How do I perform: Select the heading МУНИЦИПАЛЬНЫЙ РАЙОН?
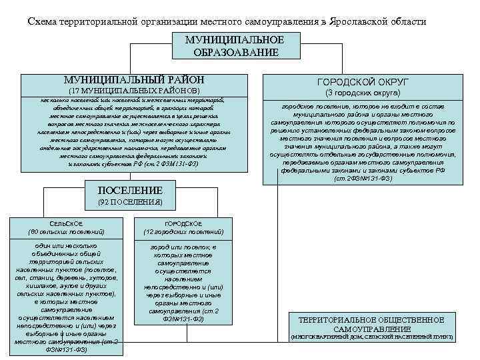(x=131, y=79)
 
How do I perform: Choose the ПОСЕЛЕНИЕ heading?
(x=130, y=190)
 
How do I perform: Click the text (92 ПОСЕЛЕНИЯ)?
(x=130, y=201)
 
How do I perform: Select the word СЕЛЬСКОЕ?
(x=66, y=223)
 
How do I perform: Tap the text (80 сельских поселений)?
(x=66, y=232)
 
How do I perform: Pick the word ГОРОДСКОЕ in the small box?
(x=183, y=223)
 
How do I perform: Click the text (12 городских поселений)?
(x=183, y=232)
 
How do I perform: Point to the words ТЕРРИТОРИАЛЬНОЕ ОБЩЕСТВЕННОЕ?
(x=371, y=320)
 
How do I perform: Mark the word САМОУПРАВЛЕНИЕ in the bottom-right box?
(x=371, y=329)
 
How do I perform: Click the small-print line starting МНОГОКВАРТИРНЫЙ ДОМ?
(x=371, y=337)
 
